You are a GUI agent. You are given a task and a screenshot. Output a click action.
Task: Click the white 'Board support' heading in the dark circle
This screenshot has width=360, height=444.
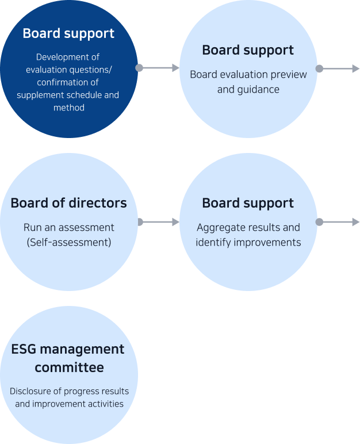(x=68, y=33)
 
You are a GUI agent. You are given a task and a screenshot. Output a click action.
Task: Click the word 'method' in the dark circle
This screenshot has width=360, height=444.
(x=68, y=108)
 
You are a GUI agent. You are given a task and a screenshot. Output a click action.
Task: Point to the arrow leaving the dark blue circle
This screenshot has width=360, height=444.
(x=159, y=68)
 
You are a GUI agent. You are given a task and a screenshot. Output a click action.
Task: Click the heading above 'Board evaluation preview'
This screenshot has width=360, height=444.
(x=248, y=50)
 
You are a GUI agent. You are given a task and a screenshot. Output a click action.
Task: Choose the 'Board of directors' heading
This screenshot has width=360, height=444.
(x=68, y=203)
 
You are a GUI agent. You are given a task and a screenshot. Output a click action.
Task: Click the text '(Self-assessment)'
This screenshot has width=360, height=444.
(x=68, y=242)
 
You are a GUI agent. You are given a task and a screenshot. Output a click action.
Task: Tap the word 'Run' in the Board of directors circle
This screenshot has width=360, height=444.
(x=32, y=227)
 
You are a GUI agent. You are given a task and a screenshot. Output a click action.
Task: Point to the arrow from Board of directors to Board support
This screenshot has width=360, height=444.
(x=159, y=222)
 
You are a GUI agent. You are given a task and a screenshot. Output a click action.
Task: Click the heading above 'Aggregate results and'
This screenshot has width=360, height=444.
(x=248, y=203)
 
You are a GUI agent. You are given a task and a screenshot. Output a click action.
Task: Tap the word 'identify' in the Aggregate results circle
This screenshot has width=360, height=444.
(x=213, y=242)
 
